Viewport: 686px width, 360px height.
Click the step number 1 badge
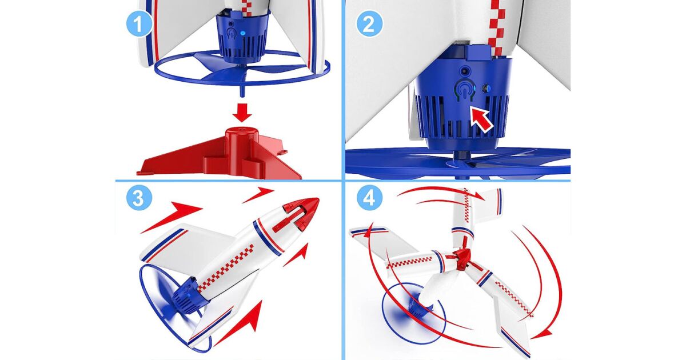click(x=139, y=23)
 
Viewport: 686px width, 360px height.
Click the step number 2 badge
click(x=370, y=23)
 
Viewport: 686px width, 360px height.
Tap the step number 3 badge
click(x=139, y=198)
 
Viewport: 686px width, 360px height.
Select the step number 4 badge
click(x=370, y=198)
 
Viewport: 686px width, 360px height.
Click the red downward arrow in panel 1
click(x=242, y=113)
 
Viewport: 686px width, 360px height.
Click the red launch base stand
click(x=220, y=153)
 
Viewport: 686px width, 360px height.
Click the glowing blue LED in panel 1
click(x=243, y=33)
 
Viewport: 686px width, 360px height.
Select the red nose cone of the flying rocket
click(x=302, y=213)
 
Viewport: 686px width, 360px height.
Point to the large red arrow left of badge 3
click(x=171, y=217)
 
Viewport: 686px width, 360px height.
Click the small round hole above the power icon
click(x=465, y=71)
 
